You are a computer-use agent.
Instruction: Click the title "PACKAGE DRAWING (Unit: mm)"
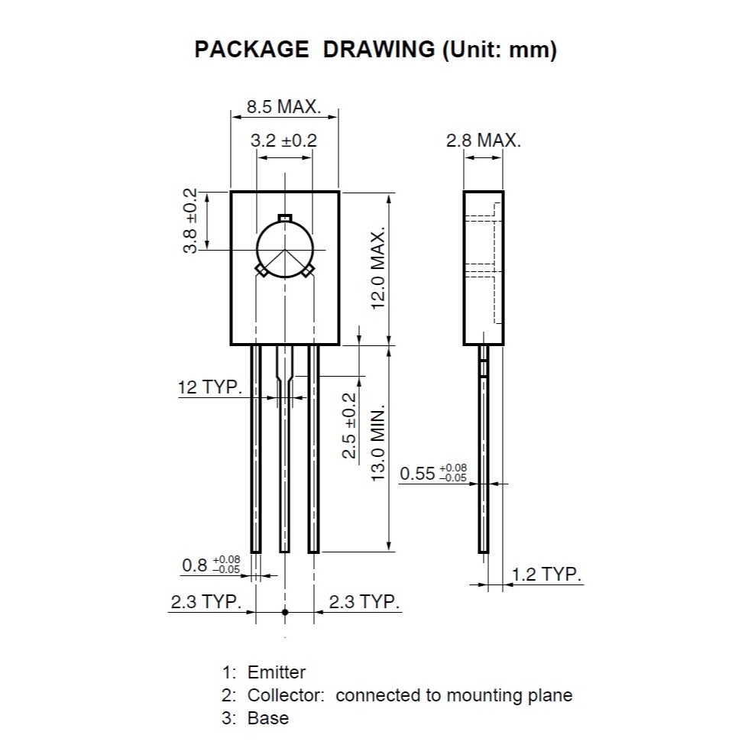375,50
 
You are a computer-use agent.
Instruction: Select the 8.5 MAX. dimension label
283,107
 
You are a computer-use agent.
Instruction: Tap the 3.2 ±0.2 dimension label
283,141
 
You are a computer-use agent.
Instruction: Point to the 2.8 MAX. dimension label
484,141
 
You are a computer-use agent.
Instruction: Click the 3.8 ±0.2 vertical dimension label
189,220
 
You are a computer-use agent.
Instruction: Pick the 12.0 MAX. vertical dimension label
377,269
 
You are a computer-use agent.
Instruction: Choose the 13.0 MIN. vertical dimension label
377,444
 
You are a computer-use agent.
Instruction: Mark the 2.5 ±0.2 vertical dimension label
349,426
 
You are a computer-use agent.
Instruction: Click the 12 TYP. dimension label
210,387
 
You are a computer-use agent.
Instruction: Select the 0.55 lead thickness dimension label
433,473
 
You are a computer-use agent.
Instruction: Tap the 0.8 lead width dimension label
211,565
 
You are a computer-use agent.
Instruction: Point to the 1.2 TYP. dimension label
547,575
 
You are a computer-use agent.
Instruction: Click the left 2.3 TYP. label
206,602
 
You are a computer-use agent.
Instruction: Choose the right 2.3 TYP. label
364,602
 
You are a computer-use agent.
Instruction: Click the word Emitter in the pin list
277,672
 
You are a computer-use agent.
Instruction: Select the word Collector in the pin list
286,695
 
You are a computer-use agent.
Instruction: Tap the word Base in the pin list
268,718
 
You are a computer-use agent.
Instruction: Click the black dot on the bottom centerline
285,612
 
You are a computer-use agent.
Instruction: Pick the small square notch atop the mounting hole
285,219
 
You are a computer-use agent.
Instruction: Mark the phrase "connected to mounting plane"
454,695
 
